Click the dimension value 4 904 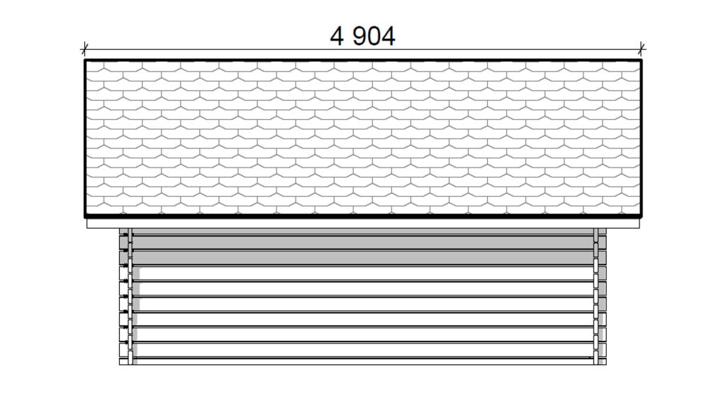pos(362,36)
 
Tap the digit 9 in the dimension pos(360,36)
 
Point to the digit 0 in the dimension pos(374,36)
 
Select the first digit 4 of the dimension pos(337,36)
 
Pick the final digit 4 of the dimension pos(389,36)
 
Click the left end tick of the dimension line pos(84,48)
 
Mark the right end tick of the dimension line pos(641,48)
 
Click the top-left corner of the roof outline pos(85,60)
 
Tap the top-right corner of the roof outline pos(641,60)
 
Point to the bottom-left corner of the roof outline pos(85,217)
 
